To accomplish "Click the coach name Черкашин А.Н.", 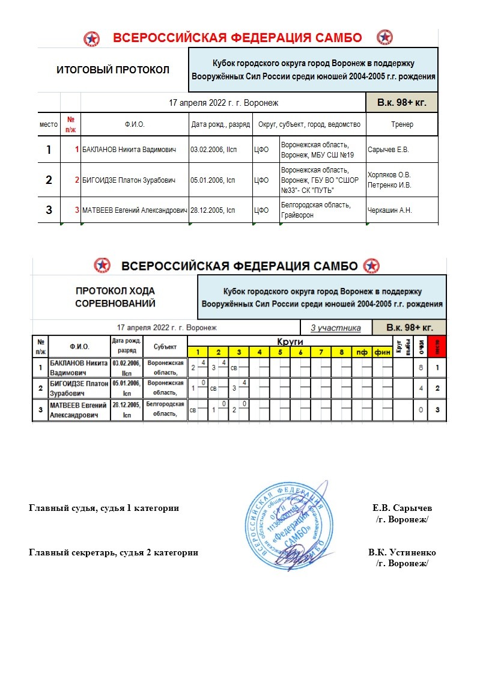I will (x=388, y=210).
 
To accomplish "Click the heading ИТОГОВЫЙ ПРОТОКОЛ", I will (x=113, y=70).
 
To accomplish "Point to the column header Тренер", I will (x=401, y=124).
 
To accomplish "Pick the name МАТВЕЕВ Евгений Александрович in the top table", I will (x=135, y=210).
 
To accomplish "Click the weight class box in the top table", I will (x=401, y=103).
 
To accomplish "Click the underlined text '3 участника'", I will (x=336, y=328).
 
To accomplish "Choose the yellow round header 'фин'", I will (x=383, y=352).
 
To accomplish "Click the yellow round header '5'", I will (x=280, y=352).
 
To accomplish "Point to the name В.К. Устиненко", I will (x=402, y=552).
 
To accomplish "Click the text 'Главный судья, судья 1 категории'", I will (x=104, y=509).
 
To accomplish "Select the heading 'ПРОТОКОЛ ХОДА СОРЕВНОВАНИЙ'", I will (x=115, y=297).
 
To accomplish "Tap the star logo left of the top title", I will (x=92, y=38).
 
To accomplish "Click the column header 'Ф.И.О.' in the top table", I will (x=135, y=124).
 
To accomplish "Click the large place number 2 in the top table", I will (x=49, y=180).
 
